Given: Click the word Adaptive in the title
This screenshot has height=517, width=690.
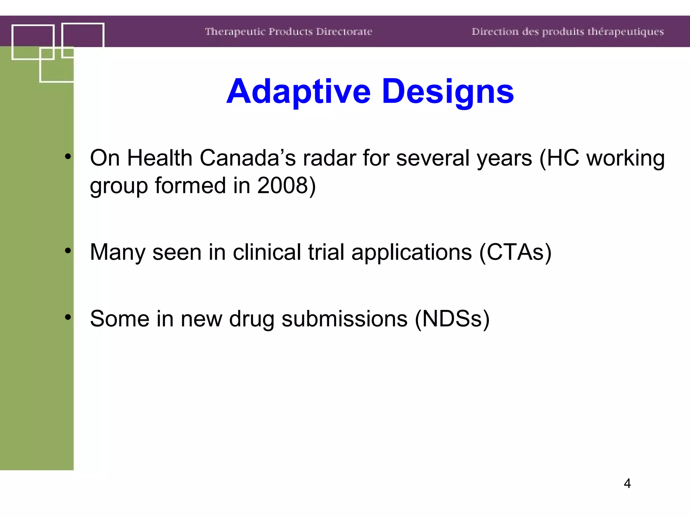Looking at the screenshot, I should [x=299, y=92].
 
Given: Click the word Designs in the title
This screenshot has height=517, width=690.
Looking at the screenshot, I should [x=448, y=92].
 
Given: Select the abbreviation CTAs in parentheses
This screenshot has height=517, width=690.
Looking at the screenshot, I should [x=515, y=252].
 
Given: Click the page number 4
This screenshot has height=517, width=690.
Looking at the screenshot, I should [x=627, y=483].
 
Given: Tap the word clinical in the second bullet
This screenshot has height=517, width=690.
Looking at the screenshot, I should [x=267, y=252].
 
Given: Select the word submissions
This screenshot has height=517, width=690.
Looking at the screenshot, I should [x=344, y=319].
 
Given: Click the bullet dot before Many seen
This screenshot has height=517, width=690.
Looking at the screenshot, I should [x=68, y=250].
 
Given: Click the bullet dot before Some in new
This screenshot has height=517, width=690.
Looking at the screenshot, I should [x=68, y=317].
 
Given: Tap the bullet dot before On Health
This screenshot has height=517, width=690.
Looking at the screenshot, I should [x=68, y=156].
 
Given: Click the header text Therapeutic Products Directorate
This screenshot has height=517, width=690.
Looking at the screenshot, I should [x=288, y=32].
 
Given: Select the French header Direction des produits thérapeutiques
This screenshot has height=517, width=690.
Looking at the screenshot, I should [x=567, y=32].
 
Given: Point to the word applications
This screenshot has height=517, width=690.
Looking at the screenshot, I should [x=411, y=252].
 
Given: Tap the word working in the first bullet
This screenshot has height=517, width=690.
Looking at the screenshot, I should [x=625, y=158].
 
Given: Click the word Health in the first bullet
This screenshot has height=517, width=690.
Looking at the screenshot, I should [x=159, y=158].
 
